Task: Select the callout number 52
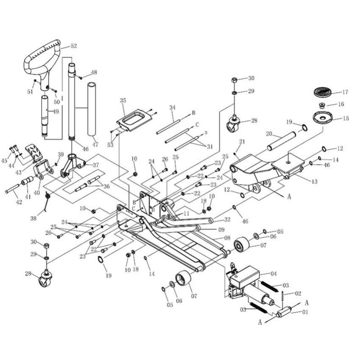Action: [x=73, y=46]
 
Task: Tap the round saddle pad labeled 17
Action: [x=322, y=92]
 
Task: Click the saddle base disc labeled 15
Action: [x=323, y=117]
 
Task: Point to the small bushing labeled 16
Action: [x=322, y=106]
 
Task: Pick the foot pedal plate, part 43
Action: [x=34, y=152]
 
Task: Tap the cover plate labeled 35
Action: [x=134, y=120]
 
